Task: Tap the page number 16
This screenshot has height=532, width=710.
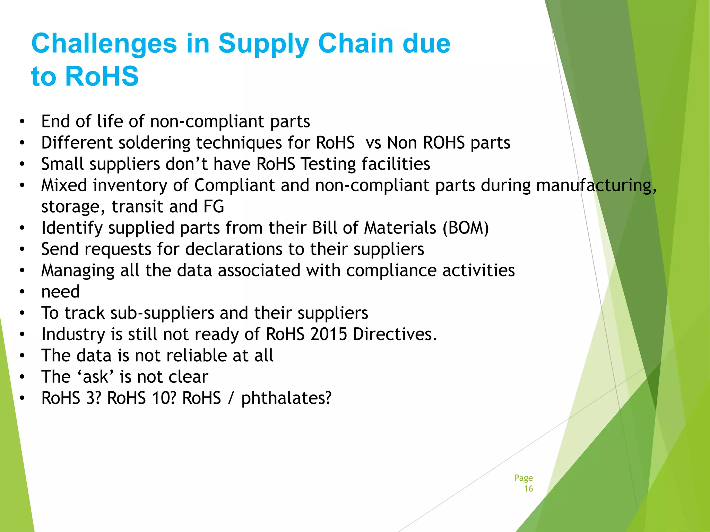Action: tap(528, 489)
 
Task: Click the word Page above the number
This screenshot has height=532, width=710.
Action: tap(523, 478)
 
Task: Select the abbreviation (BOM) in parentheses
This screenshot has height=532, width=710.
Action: tap(466, 228)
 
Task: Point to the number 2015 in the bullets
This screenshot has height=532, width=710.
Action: tap(329, 335)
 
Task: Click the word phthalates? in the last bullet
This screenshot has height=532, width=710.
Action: tap(286, 398)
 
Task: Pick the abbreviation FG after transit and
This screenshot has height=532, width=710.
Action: tap(214, 207)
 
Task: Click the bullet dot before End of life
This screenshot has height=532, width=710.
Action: tap(22, 122)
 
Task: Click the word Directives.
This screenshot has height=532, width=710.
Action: tap(395, 335)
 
